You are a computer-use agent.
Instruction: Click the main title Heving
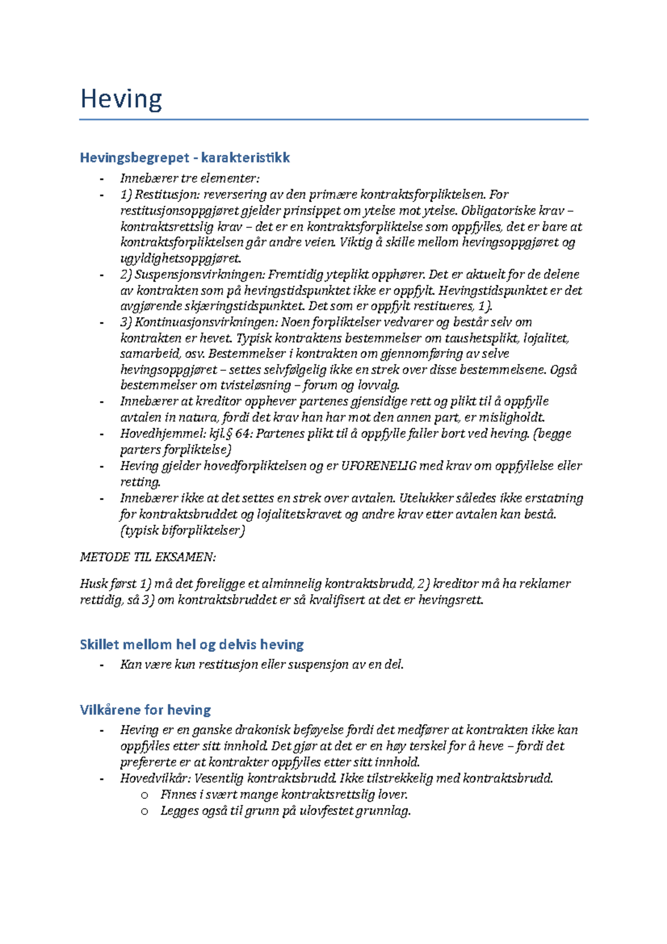pyautogui.click(x=121, y=100)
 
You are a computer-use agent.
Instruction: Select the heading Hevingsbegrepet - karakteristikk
pyautogui.click(x=185, y=158)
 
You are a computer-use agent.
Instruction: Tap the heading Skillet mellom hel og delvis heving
pyautogui.click(x=192, y=644)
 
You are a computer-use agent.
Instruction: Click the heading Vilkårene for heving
pyautogui.click(x=146, y=710)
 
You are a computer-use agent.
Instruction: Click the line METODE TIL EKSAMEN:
pyautogui.click(x=148, y=557)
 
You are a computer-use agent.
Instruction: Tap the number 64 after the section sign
pyautogui.click(x=243, y=434)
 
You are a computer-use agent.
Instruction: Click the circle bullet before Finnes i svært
pyautogui.click(x=145, y=795)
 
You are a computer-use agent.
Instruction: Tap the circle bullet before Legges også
pyautogui.click(x=145, y=811)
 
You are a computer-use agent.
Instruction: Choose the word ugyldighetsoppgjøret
pyautogui.click(x=181, y=259)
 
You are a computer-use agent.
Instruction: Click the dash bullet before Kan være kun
pyautogui.click(x=101, y=665)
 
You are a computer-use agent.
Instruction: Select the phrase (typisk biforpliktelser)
pyautogui.click(x=182, y=530)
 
